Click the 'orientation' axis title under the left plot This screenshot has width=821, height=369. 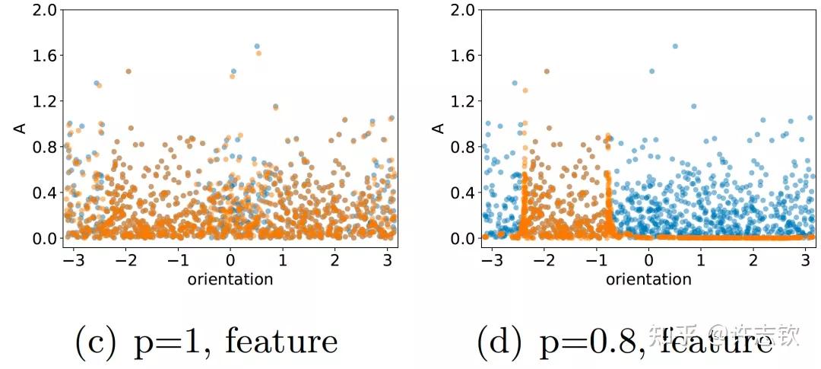(x=230, y=279)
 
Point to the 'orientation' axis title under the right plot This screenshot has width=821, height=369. (x=648, y=279)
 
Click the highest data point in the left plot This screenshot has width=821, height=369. (x=257, y=46)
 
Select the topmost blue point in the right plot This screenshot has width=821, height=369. (x=675, y=46)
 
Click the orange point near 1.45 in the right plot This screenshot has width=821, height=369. (x=547, y=72)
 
